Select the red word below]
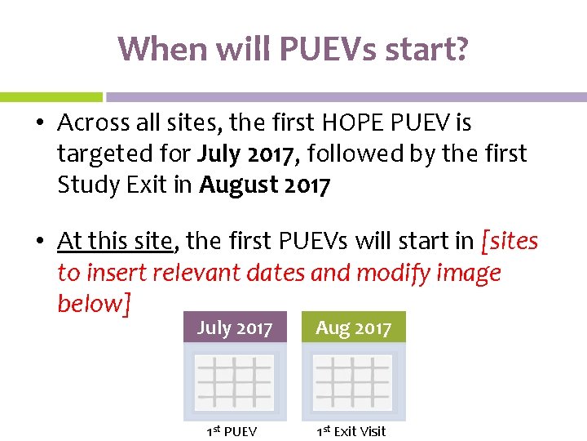tap(94, 303)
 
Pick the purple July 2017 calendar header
tap(235, 328)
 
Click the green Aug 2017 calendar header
tap(353, 328)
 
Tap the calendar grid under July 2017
tap(235, 381)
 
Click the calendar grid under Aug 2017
tap(353, 381)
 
